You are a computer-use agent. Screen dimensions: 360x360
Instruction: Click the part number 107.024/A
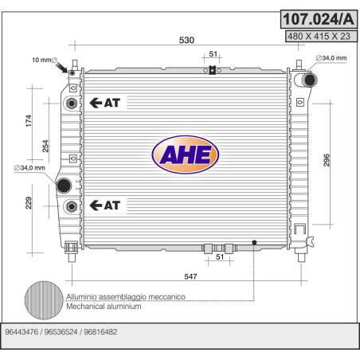[x=319, y=19]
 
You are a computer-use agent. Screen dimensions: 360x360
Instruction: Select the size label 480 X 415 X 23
[x=319, y=36]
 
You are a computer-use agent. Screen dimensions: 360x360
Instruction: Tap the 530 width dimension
[x=186, y=40]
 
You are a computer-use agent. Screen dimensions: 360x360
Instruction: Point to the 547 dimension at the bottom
[x=190, y=276]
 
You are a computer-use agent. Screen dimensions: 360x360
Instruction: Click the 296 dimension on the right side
[x=327, y=160]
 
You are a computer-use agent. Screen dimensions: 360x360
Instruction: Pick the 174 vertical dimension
[x=29, y=121]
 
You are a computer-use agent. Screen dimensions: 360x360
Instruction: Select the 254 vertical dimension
[x=45, y=146]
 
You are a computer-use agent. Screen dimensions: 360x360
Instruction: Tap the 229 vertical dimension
[x=29, y=203]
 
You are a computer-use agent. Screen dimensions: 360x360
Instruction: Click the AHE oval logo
[x=186, y=155]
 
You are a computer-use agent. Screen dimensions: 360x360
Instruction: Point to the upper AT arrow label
[x=104, y=103]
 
